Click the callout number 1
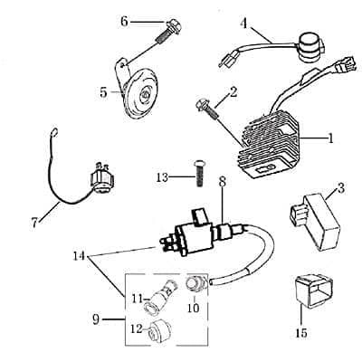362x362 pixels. pos(331,138)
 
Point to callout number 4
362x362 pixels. pos(243,22)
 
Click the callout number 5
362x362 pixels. pos(104,90)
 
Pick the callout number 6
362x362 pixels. pos(124,20)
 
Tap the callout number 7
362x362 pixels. pos(35,220)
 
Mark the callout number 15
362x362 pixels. pos(301,332)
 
